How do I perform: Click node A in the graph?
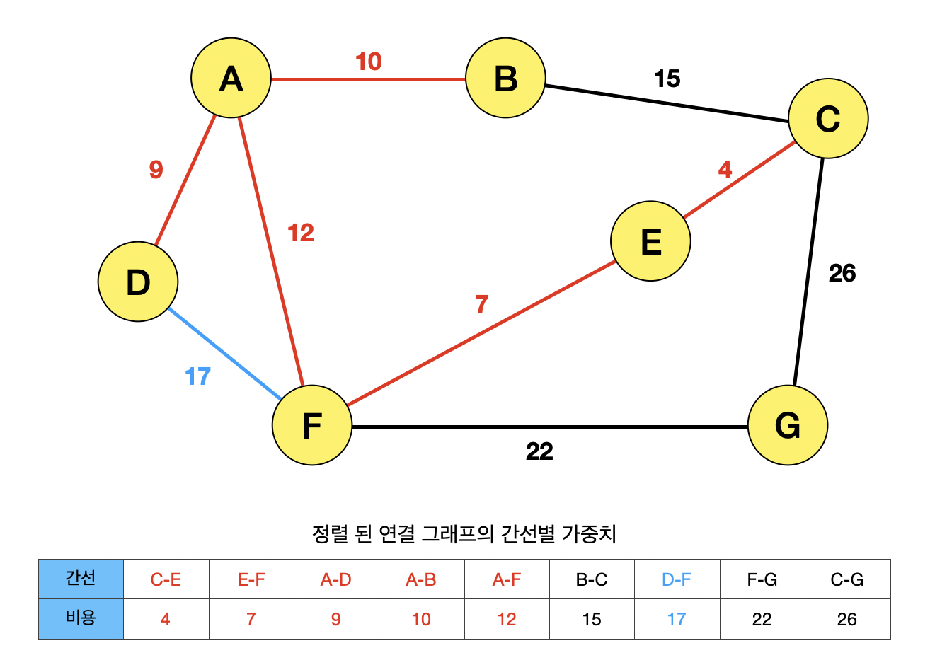point(231,78)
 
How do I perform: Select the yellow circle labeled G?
point(788,425)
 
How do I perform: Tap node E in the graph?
point(650,241)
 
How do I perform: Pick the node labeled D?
point(138,282)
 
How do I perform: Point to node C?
point(828,118)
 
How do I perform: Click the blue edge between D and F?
point(224,353)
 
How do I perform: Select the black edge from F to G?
point(550,427)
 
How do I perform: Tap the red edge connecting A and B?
point(368,79)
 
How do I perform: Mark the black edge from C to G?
point(808,272)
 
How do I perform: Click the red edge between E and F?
point(481,333)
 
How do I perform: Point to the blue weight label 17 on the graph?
point(197,376)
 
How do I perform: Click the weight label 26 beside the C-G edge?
point(842,273)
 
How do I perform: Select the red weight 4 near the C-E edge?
point(725,170)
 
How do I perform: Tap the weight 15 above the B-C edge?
point(667,79)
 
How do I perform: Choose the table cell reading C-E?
point(166,579)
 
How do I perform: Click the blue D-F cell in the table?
point(677,579)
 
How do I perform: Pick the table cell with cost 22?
point(762,619)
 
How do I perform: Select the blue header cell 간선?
point(81,579)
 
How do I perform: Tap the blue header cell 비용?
point(81,618)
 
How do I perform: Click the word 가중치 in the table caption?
point(589,533)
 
